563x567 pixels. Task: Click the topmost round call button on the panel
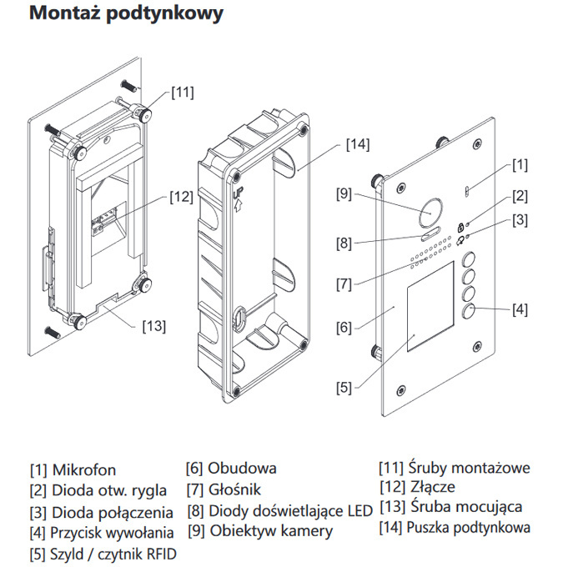(470, 259)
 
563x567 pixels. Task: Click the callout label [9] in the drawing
(345, 194)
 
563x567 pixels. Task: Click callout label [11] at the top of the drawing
(183, 92)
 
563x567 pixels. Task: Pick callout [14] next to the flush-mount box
(357, 144)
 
